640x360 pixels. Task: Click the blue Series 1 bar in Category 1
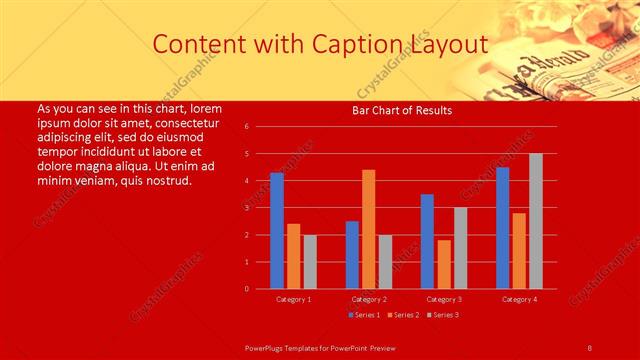(277, 231)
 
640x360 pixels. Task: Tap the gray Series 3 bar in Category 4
(536, 221)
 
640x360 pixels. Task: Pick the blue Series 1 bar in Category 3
(427, 241)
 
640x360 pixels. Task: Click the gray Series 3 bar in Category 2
(385, 261)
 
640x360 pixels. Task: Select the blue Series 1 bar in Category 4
(502, 228)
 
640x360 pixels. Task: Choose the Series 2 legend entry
(403, 315)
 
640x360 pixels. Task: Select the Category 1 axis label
(293, 299)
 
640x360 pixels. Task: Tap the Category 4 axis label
(519, 299)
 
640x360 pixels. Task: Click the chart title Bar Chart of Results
(402, 110)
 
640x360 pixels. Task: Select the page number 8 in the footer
(589, 347)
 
